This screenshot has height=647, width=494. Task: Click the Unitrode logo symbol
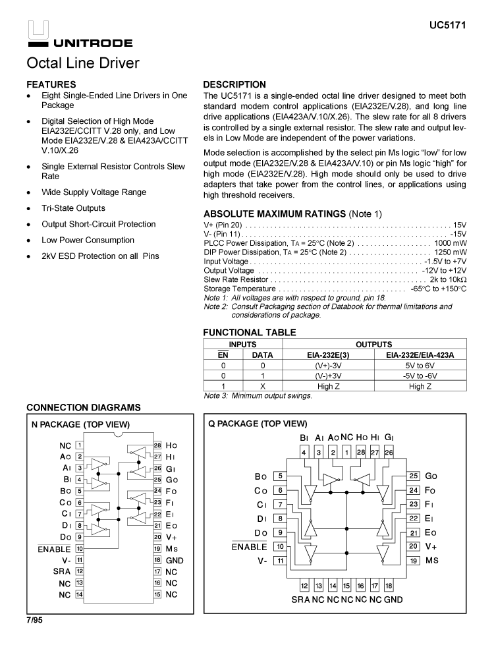(x=38, y=30)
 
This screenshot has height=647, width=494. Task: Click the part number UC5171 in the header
(x=448, y=26)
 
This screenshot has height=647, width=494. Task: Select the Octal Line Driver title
(x=82, y=63)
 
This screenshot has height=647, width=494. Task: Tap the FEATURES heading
(x=51, y=84)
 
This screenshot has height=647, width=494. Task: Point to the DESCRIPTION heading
(x=234, y=84)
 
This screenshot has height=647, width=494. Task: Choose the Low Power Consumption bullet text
(x=88, y=240)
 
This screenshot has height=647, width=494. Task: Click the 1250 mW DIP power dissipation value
(x=450, y=252)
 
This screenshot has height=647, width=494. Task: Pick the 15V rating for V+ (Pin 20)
(x=459, y=225)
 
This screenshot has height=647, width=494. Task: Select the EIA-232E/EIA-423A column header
(x=420, y=355)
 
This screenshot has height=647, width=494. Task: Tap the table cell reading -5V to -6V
(x=420, y=376)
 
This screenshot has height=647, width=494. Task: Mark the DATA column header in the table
(x=262, y=355)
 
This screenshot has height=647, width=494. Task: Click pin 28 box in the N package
(x=158, y=445)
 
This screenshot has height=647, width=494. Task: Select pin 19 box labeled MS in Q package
(x=414, y=561)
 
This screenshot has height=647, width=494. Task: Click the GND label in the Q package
(x=393, y=600)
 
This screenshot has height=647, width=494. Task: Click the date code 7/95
(x=34, y=621)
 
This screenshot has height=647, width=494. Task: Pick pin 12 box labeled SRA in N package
(x=79, y=571)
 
